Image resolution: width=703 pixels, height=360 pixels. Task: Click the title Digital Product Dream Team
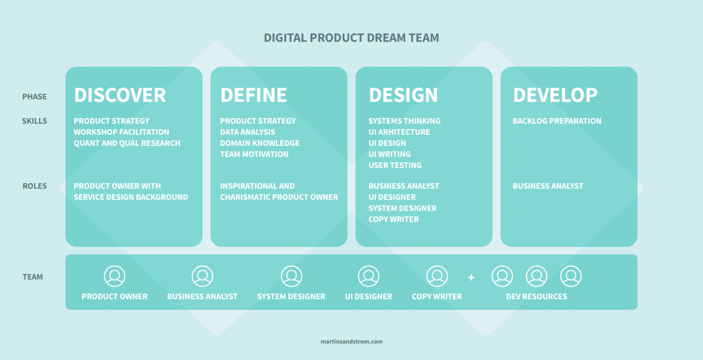351,38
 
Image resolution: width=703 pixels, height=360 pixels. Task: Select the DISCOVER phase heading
120,95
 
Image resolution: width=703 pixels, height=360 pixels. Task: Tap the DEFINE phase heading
254,95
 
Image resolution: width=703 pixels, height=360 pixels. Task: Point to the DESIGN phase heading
403,95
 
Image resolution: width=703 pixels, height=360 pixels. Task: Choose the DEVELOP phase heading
555,95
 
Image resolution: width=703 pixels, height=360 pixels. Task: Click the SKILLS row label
34,121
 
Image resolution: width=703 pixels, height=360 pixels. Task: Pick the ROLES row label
35,186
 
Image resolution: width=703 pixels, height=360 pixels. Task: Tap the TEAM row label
33,277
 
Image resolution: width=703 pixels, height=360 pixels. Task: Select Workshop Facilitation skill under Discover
121,132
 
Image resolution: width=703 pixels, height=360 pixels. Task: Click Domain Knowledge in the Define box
260,143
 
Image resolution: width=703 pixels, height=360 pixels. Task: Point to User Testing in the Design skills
395,165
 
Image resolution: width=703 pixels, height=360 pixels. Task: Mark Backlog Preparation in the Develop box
557,121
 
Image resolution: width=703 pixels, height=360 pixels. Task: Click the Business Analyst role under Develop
548,186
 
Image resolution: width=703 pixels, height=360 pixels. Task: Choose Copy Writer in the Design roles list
394,219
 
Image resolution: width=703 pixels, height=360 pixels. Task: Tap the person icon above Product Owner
114,276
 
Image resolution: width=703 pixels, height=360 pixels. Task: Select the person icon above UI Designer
368,276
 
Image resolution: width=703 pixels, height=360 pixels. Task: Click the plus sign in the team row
471,277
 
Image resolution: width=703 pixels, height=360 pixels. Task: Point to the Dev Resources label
536,296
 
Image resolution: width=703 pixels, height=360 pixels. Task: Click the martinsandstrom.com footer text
351,341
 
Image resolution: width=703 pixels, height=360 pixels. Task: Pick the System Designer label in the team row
291,296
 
